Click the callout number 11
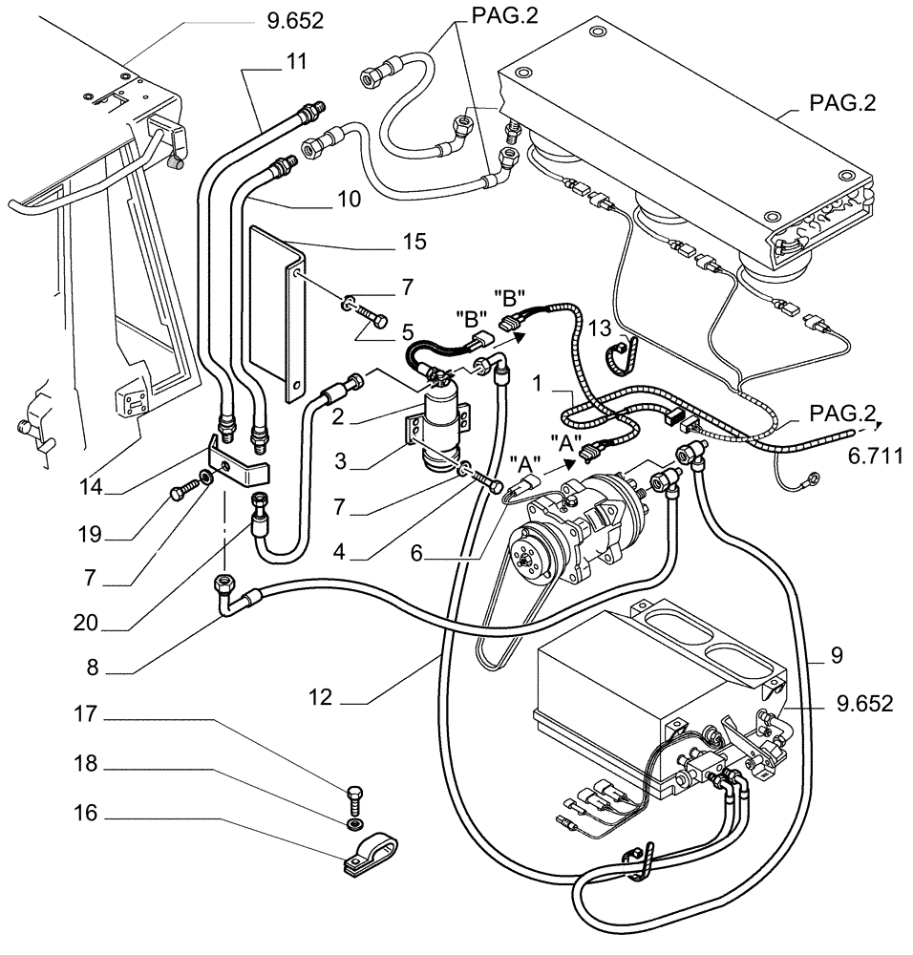[x=296, y=62]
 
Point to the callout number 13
[x=600, y=329]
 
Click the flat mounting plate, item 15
[x=275, y=306]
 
